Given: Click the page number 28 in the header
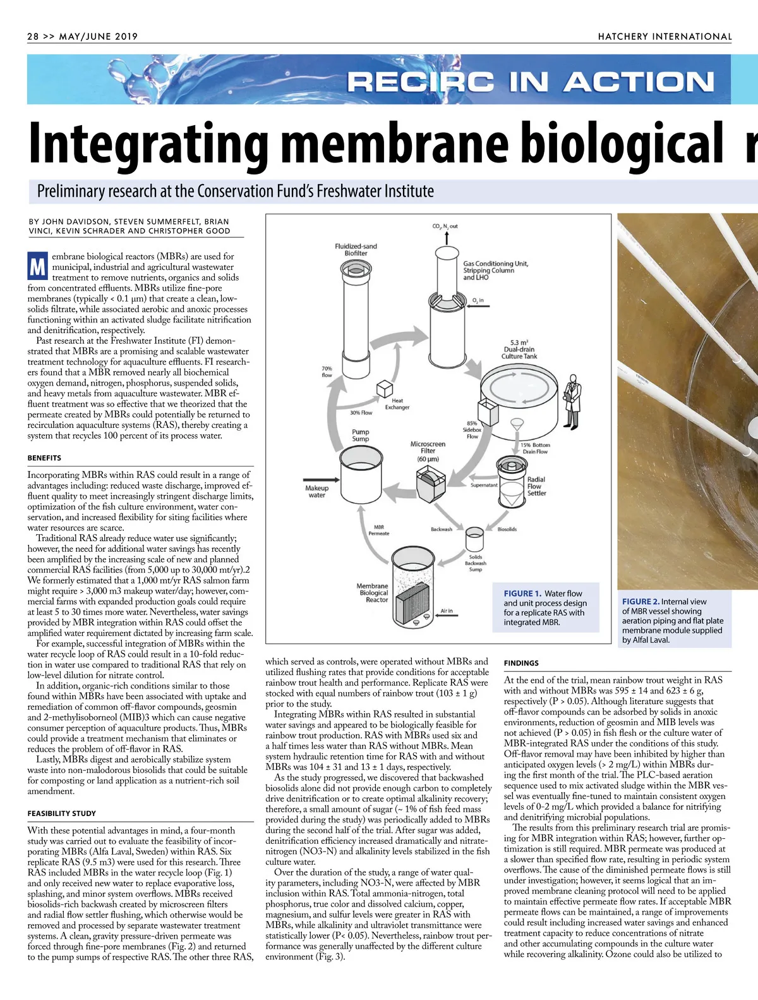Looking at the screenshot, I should point(33,37).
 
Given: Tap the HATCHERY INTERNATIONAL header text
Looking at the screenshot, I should point(665,37).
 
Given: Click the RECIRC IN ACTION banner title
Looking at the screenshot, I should point(531,82).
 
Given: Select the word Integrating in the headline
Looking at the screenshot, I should point(150,144).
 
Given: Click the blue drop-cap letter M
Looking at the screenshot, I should point(37,267).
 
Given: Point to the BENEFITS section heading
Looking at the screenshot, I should point(44,458).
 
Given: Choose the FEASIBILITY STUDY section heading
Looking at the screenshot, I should point(62,814).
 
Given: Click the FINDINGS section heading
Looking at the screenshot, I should point(521,663).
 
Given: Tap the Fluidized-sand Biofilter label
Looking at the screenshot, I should point(356,250).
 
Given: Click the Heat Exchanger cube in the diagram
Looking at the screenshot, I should point(385,389).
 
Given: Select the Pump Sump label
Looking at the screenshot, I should point(361,435).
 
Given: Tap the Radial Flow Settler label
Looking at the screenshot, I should point(536,486).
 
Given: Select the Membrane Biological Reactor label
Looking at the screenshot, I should point(373,593).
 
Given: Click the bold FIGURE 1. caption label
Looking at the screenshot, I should point(522,594).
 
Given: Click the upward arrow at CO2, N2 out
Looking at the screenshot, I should point(447,237).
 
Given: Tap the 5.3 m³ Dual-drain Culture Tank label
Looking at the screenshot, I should point(519,349).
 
